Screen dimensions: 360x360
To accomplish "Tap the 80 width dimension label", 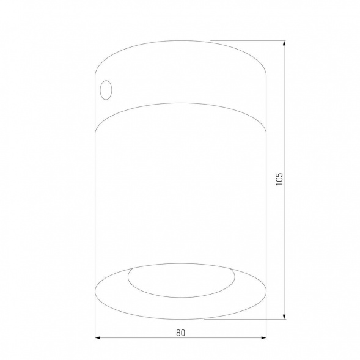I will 180,332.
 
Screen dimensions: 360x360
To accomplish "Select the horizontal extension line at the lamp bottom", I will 244,318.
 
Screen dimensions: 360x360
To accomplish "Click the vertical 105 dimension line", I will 285,122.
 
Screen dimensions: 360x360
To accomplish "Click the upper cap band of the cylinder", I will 181,73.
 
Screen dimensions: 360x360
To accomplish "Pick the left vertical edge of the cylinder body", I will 97,202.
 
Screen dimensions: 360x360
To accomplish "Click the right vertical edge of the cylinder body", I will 265,202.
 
